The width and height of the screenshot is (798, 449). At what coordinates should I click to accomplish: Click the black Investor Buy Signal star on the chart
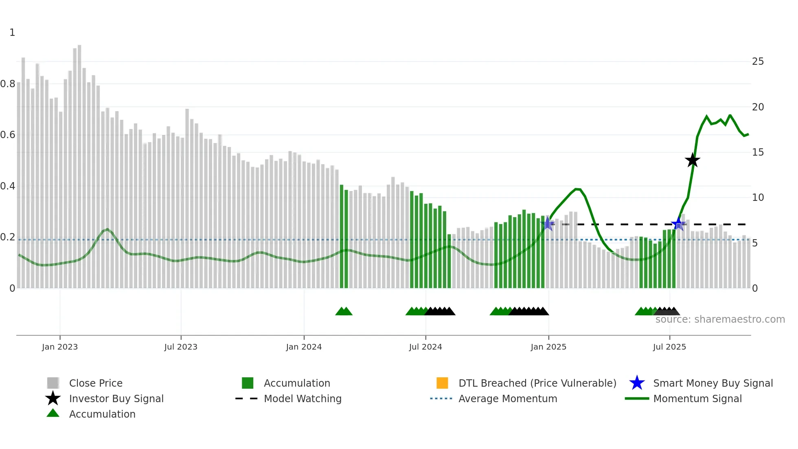pyautogui.click(x=692, y=160)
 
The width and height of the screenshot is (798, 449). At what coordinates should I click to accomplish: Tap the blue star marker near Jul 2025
pyautogui.click(x=678, y=224)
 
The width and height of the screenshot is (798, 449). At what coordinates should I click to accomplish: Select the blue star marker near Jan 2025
pyautogui.click(x=548, y=224)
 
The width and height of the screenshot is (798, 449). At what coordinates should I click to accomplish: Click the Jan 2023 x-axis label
pyautogui.click(x=60, y=347)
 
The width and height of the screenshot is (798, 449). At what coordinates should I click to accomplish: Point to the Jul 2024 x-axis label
pyautogui.click(x=425, y=347)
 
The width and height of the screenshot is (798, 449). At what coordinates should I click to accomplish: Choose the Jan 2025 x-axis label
pyautogui.click(x=548, y=347)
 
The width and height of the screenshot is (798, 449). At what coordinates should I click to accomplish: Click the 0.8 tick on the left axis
pyautogui.click(x=8, y=84)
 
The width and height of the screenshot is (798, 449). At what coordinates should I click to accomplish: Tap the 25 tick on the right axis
pyautogui.click(x=758, y=62)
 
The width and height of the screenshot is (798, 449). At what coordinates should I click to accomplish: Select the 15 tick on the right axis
pyautogui.click(x=758, y=152)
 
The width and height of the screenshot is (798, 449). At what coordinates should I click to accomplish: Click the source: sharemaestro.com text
pyautogui.click(x=720, y=319)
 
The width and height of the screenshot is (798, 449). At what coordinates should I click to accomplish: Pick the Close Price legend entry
pyautogui.click(x=96, y=383)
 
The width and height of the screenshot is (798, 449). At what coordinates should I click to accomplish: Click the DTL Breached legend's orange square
pyautogui.click(x=442, y=383)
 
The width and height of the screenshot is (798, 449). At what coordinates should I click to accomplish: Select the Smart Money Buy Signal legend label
pyautogui.click(x=713, y=383)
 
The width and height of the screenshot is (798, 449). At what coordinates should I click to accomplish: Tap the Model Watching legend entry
pyautogui.click(x=303, y=398)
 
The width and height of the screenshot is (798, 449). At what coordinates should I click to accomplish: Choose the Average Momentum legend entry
pyautogui.click(x=508, y=398)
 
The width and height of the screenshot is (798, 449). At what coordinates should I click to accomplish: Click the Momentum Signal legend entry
pyautogui.click(x=697, y=398)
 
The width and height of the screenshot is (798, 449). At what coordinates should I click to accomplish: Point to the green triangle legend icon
pyautogui.click(x=53, y=413)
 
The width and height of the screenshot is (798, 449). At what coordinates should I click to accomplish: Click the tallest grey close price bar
pyautogui.click(x=79, y=163)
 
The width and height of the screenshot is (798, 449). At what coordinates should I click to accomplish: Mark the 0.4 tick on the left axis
pyautogui.click(x=8, y=186)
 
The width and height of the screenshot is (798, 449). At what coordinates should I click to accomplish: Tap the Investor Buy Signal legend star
pyautogui.click(x=53, y=398)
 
